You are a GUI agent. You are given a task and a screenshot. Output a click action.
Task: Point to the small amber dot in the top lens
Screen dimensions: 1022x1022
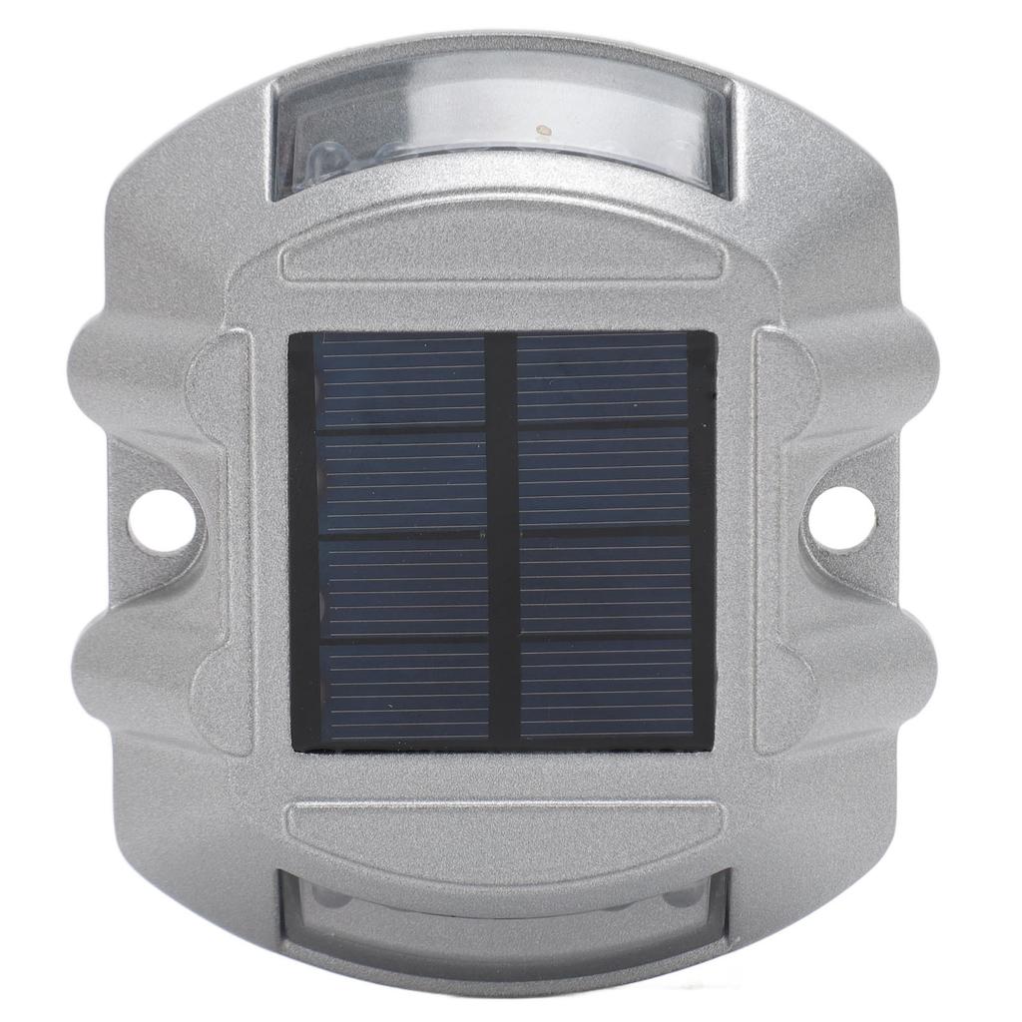[543, 129]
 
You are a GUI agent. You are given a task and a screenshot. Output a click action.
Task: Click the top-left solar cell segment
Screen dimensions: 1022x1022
[400, 380]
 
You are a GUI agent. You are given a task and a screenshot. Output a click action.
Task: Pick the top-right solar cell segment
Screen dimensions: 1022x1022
[603, 380]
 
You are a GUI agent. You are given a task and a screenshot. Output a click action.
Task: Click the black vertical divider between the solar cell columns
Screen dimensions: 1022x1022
[502, 539]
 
